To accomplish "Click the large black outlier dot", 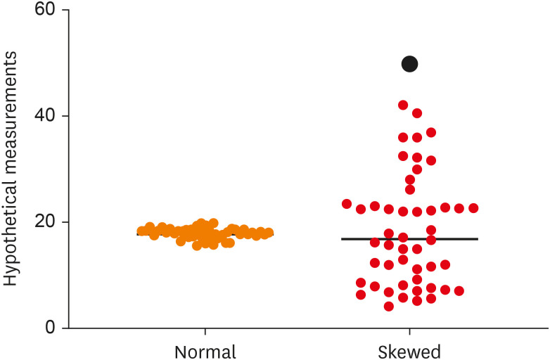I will [409, 64].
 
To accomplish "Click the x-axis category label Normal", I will [205, 351].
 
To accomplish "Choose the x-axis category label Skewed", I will [409, 351].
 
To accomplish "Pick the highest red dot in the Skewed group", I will [403, 105].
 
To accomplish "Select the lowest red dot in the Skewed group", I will [389, 306].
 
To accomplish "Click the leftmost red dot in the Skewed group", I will [347, 204].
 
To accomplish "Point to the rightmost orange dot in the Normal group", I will [268, 233].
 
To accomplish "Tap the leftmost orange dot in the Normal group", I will [142, 231].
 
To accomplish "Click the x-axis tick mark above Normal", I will [205, 332].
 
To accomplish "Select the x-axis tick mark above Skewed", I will [409, 332].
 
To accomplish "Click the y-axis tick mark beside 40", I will [65, 116].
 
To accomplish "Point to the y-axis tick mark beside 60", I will [65, 11].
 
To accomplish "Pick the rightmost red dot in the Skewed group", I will [473, 208].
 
